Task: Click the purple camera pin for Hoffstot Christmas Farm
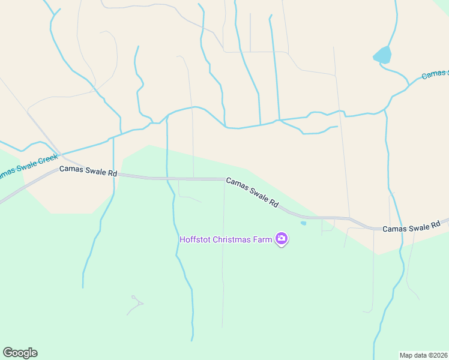click(282, 239)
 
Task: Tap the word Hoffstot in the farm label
click(194, 239)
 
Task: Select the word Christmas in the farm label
click(232, 239)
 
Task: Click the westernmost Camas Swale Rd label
click(88, 172)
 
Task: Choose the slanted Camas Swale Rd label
click(253, 192)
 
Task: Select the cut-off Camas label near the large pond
click(435, 74)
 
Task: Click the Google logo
click(20, 352)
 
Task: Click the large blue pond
click(382, 55)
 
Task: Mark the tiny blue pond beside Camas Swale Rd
click(303, 223)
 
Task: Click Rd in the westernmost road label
click(112, 173)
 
